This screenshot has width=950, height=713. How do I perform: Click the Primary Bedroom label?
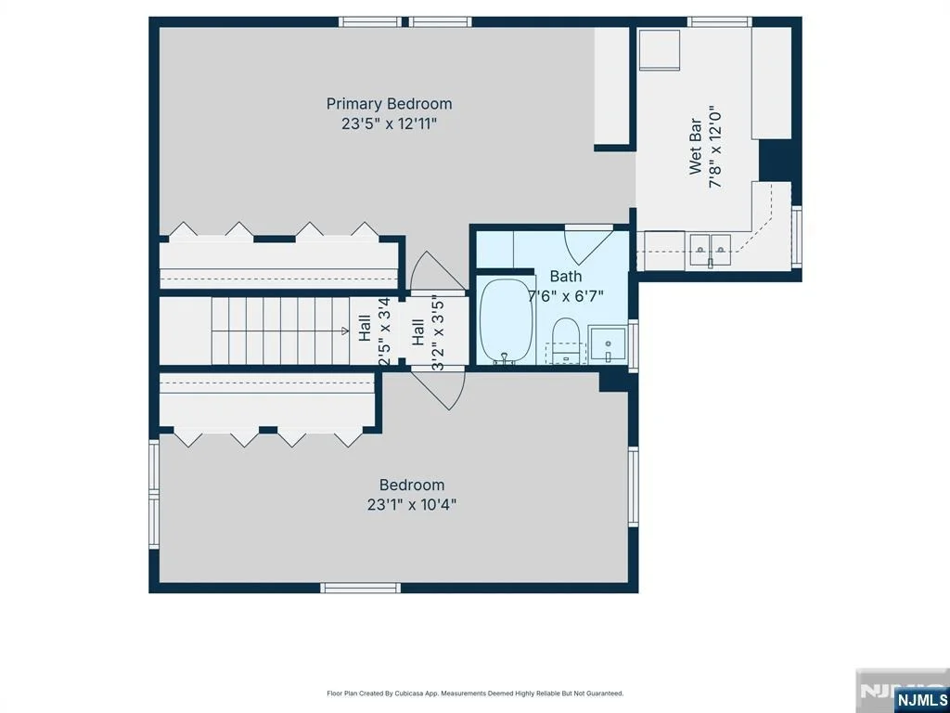[389, 104]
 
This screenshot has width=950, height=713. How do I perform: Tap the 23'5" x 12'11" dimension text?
[389, 123]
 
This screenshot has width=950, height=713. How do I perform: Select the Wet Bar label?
[696, 147]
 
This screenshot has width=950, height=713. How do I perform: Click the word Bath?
[566, 277]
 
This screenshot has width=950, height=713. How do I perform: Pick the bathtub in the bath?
[507, 321]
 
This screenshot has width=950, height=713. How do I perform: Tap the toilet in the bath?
[567, 340]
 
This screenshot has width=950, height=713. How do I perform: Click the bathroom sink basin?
[608, 344]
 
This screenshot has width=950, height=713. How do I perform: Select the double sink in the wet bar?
[710, 250]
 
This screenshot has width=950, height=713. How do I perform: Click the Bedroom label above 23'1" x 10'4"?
[412, 485]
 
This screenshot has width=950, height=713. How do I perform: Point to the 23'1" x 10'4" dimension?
[412, 504]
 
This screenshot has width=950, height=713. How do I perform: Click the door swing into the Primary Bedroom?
[438, 272]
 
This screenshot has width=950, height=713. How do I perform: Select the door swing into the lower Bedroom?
[439, 389]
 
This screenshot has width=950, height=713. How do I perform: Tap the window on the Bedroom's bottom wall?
[361, 588]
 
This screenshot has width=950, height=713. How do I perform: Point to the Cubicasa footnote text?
[475, 693]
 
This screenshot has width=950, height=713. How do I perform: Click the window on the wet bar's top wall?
[720, 22]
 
